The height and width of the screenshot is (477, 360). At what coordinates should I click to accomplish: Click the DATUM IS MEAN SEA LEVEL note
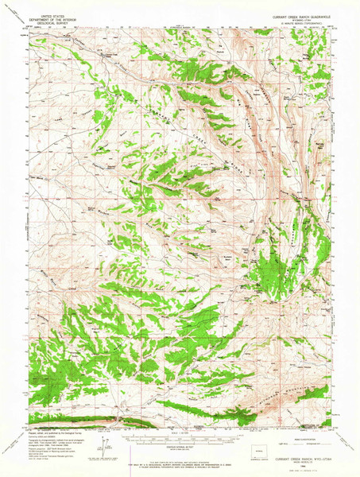(180, 448)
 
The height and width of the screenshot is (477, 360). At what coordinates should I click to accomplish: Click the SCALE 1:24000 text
(180, 432)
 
